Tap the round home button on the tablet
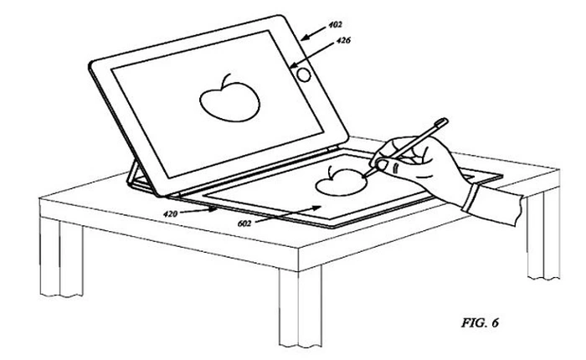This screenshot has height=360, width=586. click(x=305, y=74)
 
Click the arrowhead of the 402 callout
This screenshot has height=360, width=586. click(x=303, y=36)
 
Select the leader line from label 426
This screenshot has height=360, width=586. click(x=319, y=49)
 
